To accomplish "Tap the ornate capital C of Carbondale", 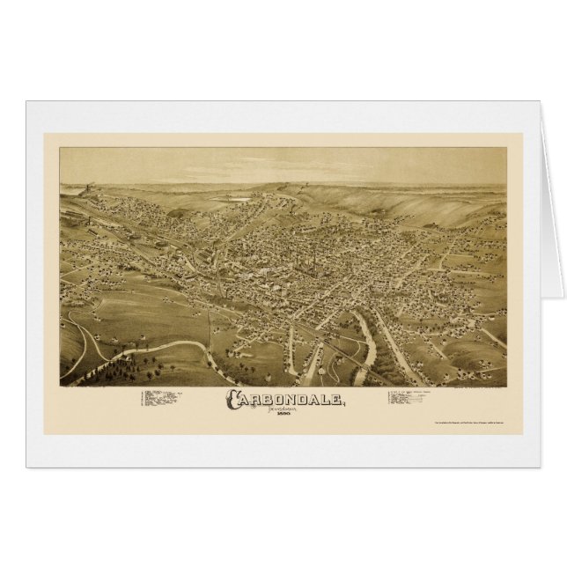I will pyautogui.click(x=235, y=399).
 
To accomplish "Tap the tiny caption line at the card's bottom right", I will pyautogui.click(x=471, y=426).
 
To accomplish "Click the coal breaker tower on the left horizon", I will pyautogui.click(x=88, y=190).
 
